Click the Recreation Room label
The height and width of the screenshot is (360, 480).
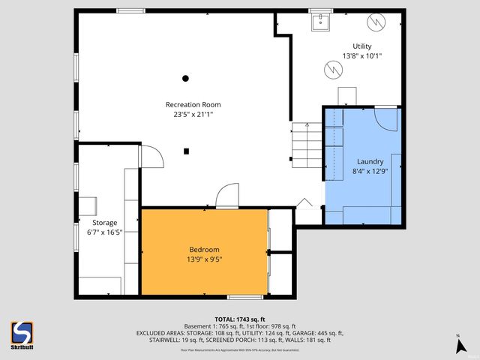click(x=193, y=104)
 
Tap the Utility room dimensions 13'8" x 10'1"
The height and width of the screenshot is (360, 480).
click(x=362, y=56)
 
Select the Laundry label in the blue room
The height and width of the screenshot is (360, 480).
click(x=370, y=161)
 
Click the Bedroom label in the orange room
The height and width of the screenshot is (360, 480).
click(x=204, y=250)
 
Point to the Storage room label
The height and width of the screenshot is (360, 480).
click(x=104, y=223)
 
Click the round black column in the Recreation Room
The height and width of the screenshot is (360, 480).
click(x=185, y=78)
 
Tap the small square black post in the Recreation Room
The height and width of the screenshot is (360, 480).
click(x=186, y=151)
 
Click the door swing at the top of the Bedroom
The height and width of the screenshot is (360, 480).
click(x=227, y=196)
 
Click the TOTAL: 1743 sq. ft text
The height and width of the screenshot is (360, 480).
click(x=239, y=319)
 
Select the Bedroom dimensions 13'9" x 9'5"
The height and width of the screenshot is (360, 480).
click(x=204, y=259)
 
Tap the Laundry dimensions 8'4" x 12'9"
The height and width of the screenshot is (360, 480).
click(x=370, y=171)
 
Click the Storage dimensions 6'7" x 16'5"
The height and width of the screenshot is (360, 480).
click(x=104, y=232)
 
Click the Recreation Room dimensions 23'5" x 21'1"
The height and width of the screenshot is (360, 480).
click(x=193, y=115)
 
